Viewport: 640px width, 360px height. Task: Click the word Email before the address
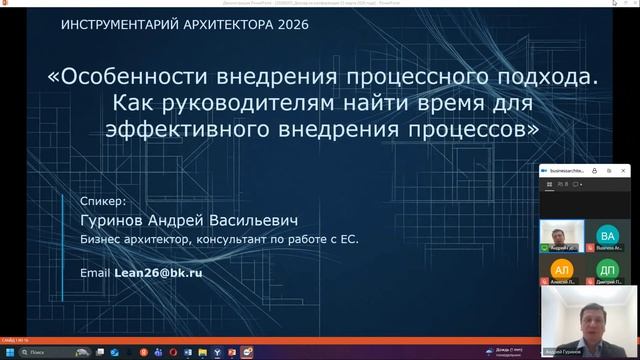click(x=96, y=271)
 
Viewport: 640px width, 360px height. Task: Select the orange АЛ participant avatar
click(x=561, y=271)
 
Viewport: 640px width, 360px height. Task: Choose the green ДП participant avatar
click(x=606, y=271)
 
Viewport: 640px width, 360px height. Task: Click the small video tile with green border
click(x=561, y=234)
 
